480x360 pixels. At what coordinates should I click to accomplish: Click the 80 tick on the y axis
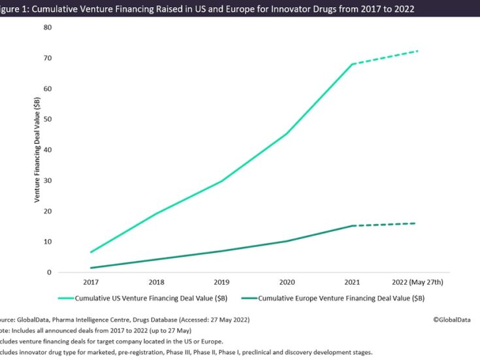[x=48, y=27]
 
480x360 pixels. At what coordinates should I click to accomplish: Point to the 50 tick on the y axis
[x=48, y=119]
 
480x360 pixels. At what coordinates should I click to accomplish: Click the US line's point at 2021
[x=353, y=64]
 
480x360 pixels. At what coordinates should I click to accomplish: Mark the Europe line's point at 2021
[x=353, y=226]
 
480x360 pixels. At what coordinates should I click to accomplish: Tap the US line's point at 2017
[x=91, y=252]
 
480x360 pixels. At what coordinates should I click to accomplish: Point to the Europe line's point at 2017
[x=91, y=268]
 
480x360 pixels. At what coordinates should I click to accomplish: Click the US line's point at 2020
[x=287, y=133]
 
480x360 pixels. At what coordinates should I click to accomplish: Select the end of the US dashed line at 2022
[x=417, y=51]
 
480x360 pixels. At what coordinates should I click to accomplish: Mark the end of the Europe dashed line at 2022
[x=415, y=223]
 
